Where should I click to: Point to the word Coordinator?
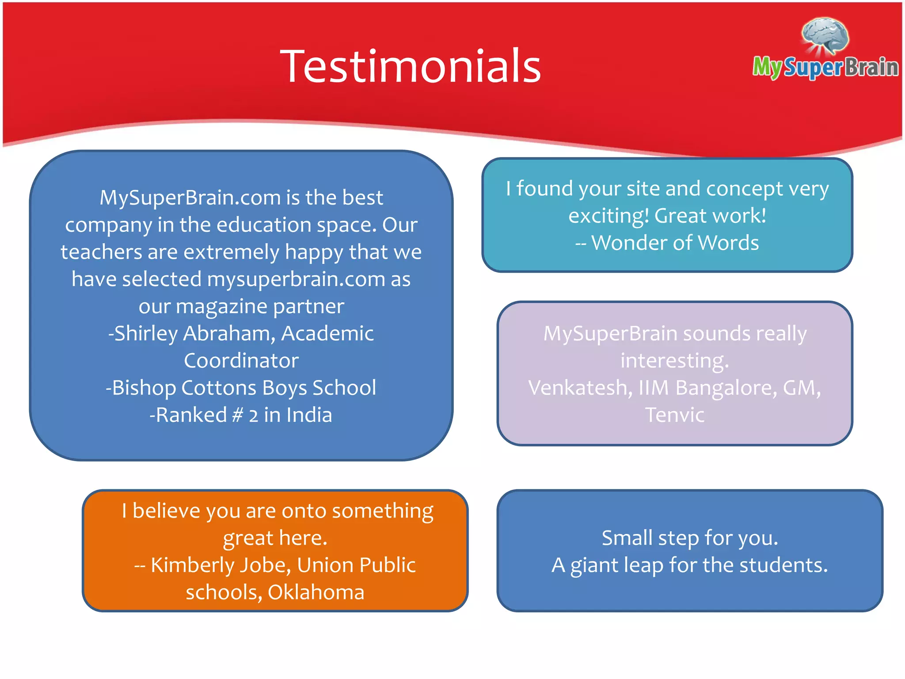coord(241,361)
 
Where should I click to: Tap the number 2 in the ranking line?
coord(253,416)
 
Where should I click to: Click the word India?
coord(309,415)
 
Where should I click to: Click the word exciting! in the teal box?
coord(608,216)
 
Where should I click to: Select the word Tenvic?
coord(674,415)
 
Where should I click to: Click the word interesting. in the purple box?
coord(674,361)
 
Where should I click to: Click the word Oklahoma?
coord(316,592)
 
